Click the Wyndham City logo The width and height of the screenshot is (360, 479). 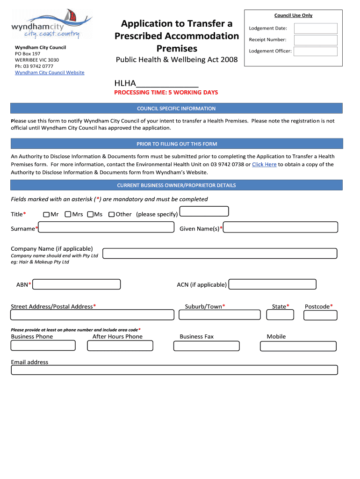tap(52, 24)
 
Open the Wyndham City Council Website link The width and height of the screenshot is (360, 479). tap(50, 73)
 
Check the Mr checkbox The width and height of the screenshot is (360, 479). tap(46, 214)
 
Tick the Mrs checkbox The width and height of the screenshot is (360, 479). tap(68, 214)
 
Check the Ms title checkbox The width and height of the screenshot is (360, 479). tap(90, 214)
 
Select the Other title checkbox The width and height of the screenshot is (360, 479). tap(112, 214)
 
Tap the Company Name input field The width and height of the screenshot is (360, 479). tap(220, 254)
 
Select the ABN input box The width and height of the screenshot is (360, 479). tap(77, 284)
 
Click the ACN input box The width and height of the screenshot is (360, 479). tap(272, 284)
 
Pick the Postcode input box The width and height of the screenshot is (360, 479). tap(320, 315)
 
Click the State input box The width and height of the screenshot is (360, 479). tap(280, 315)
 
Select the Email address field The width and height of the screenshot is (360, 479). tap(174, 370)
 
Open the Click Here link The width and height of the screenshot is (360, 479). tap(264, 165)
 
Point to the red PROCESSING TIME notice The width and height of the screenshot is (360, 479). tap(166, 93)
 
